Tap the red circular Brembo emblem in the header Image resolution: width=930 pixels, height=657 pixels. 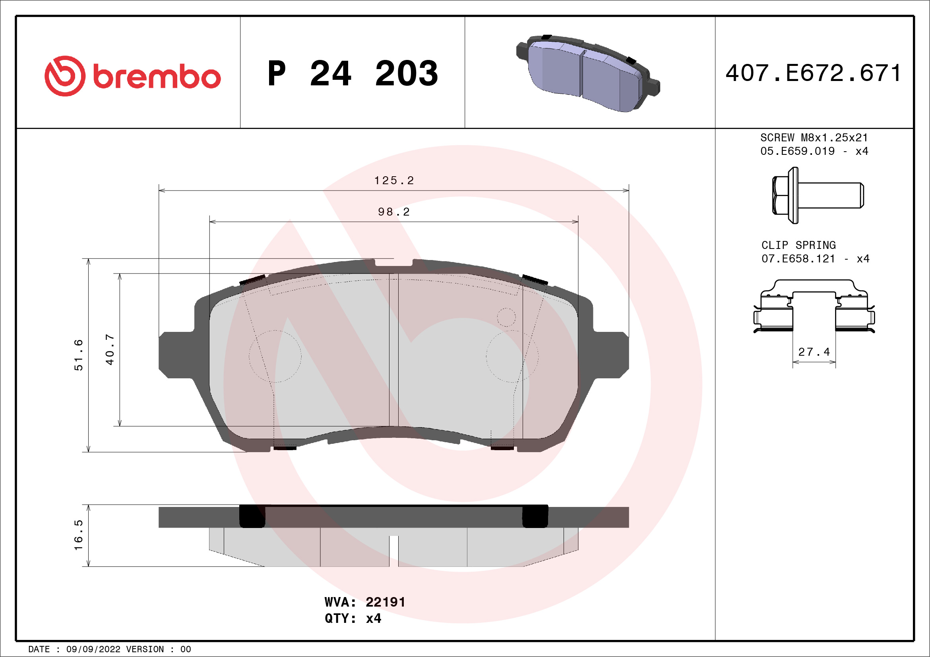[65, 76]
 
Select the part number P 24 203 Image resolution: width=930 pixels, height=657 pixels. [353, 73]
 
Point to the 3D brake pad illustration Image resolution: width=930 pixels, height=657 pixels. [588, 73]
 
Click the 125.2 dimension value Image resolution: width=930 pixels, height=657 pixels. [394, 181]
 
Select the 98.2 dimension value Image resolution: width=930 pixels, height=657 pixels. [394, 212]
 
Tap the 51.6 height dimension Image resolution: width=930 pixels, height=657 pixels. [78, 355]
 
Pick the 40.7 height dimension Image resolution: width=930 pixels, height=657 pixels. [110, 349]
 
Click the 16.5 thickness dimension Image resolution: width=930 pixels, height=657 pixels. [78, 535]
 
